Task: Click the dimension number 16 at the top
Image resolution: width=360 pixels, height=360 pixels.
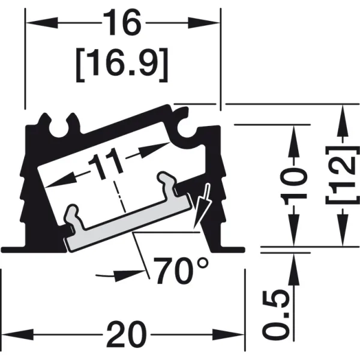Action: point(122,23)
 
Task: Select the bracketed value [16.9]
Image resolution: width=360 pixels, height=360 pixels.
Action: point(122,65)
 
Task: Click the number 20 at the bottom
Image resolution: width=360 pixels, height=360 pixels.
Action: point(126,335)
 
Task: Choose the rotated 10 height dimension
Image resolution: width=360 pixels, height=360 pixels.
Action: point(293,186)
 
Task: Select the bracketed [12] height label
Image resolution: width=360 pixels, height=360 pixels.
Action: point(343,175)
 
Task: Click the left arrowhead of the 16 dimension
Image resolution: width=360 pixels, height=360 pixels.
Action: point(41,23)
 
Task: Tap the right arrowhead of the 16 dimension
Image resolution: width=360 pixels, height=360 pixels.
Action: point(204,23)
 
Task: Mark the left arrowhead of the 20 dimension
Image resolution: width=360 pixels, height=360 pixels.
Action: point(17,335)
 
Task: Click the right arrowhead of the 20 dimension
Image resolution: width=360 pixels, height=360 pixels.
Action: point(228,335)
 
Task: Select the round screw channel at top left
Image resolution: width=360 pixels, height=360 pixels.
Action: point(59,129)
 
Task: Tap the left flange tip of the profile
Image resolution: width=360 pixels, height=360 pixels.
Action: point(2,250)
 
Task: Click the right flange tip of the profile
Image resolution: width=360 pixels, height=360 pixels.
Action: point(244,250)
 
